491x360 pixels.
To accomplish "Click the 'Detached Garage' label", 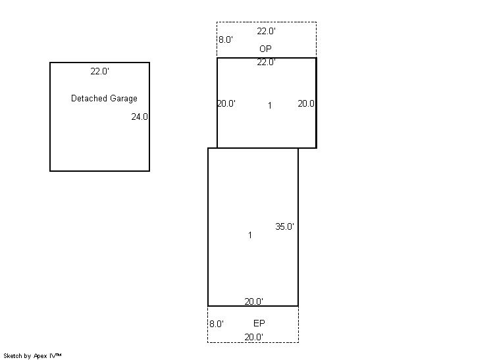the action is pyautogui.click(x=104, y=98).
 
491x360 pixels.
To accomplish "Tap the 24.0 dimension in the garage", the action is pyautogui.click(x=140, y=116).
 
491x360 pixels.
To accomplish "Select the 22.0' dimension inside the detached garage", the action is pyautogui.click(x=99, y=71).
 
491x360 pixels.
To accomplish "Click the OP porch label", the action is pyautogui.click(x=265, y=49).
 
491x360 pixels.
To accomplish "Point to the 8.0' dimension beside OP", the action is pyautogui.click(x=226, y=39).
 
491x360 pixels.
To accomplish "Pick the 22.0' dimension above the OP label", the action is pyautogui.click(x=266, y=31).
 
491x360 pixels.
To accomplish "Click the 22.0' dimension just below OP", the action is pyautogui.click(x=266, y=62).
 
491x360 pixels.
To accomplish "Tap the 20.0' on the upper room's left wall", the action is pyautogui.click(x=226, y=103).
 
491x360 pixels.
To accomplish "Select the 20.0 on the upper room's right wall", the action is pyautogui.click(x=306, y=103).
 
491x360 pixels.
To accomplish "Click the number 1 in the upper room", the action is pyautogui.click(x=270, y=106).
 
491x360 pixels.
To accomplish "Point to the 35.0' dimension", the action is pyautogui.click(x=284, y=226).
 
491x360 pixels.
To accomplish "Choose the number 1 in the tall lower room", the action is pyautogui.click(x=250, y=235).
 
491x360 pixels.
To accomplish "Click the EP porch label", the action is pyautogui.click(x=259, y=323).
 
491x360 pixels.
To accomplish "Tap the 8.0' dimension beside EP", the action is pyautogui.click(x=217, y=324).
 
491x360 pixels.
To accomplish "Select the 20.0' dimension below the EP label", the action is pyautogui.click(x=253, y=337).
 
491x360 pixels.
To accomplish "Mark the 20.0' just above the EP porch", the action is pyautogui.click(x=253, y=301).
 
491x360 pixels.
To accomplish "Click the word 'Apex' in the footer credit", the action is pyautogui.click(x=40, y=356).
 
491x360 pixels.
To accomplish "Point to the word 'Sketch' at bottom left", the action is pyautogui.click(x=13, y=355).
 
